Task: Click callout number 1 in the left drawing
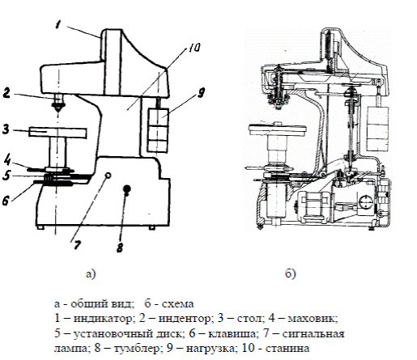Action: tap(57, 24)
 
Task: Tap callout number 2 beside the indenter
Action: tap(6, 93)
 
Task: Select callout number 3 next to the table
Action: tap(6, 129)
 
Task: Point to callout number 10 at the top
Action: tap(194, 48)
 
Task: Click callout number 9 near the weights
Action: tap(201, 92)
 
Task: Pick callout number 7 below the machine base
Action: tap(77, 245)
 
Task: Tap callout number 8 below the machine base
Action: tap(120, 248)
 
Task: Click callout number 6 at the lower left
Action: tap(6, 201)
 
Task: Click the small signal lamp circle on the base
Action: tap(109, 176)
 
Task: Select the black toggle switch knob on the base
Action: tap(127, 189)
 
